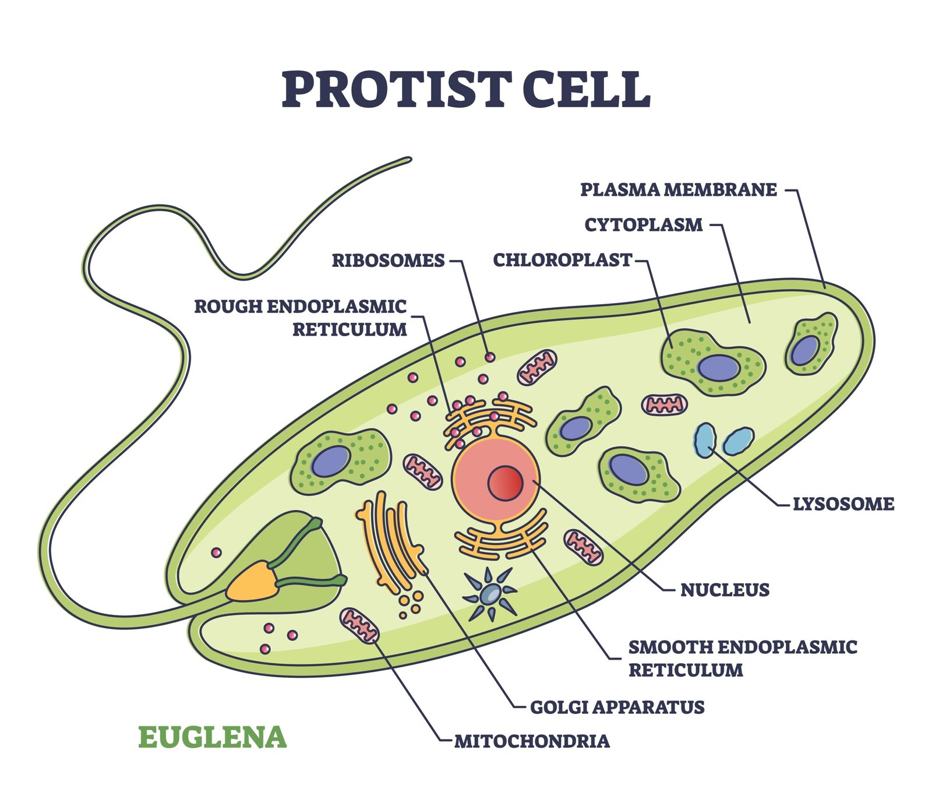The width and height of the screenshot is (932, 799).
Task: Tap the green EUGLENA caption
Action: [x=212, y=737]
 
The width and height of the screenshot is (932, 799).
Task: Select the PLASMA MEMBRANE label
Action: [x=679, y=189]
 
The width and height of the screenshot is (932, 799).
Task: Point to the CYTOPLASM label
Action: [x=644, y=225]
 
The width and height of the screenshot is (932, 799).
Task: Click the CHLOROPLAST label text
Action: [x=562, y=260]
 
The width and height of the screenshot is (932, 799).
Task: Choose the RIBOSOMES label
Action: [x=388, y=260]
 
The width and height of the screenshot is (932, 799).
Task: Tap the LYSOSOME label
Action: [x=843, y=504]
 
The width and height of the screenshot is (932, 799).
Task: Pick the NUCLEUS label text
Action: [x=725, y=590]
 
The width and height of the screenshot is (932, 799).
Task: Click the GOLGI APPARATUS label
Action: [x=617, y=707]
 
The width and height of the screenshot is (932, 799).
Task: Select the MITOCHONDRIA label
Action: [x=532, y=741]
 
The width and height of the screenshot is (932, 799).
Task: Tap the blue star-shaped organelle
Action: [x=490, y=594]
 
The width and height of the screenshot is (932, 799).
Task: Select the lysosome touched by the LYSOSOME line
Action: [x=705, y=440]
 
